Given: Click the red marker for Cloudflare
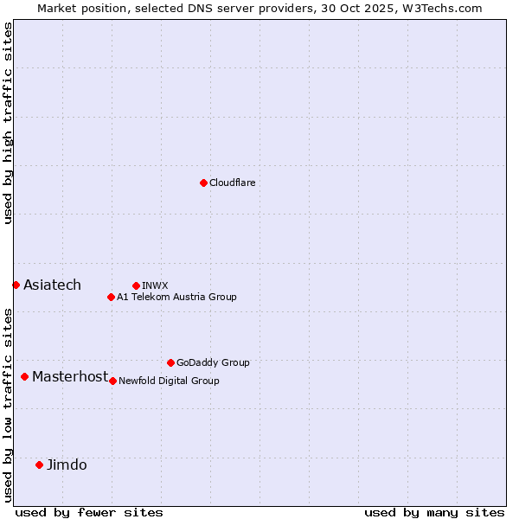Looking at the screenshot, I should click(x=203, y=183).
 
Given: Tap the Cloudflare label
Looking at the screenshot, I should click(x=233, y=183).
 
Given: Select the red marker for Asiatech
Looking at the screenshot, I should click(x=16, y=285).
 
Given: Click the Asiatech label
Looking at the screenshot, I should click(x=52, y=285).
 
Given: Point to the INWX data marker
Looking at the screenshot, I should click(x=136, y=285).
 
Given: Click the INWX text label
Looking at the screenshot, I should click(x=155, y=285).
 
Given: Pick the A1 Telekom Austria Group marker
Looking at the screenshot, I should click(x=111, y=297).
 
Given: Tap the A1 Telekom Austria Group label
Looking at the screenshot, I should click(x=176, y=298).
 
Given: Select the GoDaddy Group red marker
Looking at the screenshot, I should click(x=170, y=362).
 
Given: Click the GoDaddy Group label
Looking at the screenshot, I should click(x=213, y=363).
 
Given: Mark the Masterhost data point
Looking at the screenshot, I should click(x=24, y=376).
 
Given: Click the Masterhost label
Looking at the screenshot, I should click(x=70, y=377).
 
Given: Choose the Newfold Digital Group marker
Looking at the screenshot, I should click(x=112, y=381).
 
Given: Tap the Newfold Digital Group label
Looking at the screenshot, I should click(x=169, y=381).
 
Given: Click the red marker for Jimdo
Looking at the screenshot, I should click(x=39, y=465).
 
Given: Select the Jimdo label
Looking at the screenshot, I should click(x=67, y=465).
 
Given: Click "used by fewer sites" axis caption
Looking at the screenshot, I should click(x=89, y=513).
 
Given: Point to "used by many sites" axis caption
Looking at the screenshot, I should click(x=434, y=513).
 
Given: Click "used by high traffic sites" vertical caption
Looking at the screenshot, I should click(x=9, y=123).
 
